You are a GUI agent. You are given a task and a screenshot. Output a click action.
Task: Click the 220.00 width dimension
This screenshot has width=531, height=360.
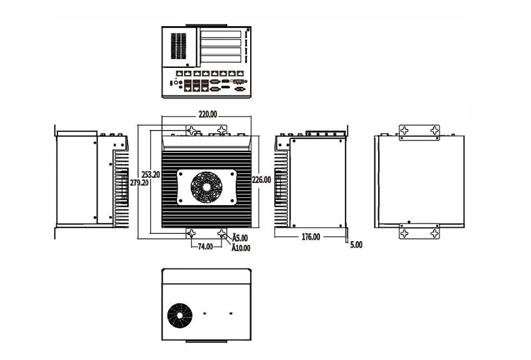pyautogui.click(x=208, y=114)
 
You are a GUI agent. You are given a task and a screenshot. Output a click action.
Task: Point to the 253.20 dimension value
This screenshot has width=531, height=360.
pyautogui.click(x=151, y=174)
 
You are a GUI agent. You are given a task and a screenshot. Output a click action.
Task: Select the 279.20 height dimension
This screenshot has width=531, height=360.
pyautogui.click(x=139, y=182)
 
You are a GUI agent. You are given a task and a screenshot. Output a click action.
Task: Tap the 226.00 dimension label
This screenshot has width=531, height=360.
pyautogui.click(x=261, y=180)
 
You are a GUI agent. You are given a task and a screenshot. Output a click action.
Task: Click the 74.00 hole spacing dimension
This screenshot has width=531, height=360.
pyautogui.click(x=205, y=246)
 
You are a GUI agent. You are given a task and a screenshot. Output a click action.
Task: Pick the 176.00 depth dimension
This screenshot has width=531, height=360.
pyautogui.click(x=311, y=237)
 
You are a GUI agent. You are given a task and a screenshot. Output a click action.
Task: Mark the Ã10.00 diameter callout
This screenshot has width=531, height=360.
pyautogui.click(x=241, y=248)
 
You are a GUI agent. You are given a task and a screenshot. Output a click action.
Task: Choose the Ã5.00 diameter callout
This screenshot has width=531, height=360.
pyautogui.click(x=240, y=238)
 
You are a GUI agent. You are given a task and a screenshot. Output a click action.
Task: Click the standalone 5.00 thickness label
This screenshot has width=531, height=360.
pyautogui.click(x=356, y=244)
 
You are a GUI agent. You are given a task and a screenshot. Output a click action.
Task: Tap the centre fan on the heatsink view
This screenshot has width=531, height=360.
pyautogui.click(x=206, y=188)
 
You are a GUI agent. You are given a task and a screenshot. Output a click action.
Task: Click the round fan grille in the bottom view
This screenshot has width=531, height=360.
pyautogui.click(x=180, y=316)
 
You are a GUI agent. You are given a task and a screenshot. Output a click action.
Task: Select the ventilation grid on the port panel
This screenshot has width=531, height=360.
pyautogui.click(x=178, y=46)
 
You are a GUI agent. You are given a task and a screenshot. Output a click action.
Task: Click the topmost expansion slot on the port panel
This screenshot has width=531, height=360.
pyautogui.click(x=221, y=34)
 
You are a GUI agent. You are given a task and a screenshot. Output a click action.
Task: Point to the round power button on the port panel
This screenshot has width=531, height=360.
pyautogui.click(x=176, y=82)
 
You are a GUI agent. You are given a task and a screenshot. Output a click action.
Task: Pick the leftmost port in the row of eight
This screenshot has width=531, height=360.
pyautogui.click(x=180, y=73)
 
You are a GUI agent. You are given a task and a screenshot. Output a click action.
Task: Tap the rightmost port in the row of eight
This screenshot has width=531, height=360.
pyautogui.click(x=240, y=73)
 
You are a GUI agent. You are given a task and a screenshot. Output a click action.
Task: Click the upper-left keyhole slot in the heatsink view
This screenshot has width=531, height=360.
pyautogui.click(x=191, y=131)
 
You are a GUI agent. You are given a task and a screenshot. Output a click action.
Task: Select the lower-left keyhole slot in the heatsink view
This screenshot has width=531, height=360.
pyautogui.click(x=191, y=233)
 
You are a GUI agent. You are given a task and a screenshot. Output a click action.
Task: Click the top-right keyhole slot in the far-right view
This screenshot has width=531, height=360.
pyautogui.click(x=434, y=130)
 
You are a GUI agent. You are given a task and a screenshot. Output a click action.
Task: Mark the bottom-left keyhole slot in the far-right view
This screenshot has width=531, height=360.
pyautogui.click(x=404, y=233)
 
